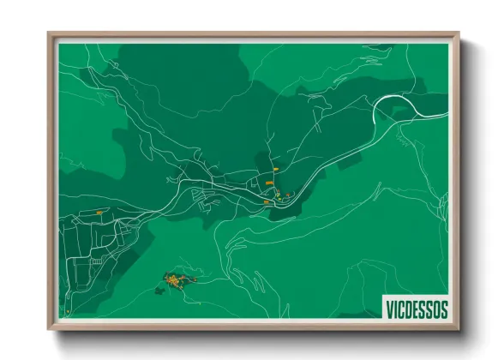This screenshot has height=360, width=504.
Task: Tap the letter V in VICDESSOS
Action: tap(390, 308)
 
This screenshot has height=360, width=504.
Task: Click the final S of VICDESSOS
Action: tap(443, 308)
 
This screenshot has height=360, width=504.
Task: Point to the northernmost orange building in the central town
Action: tap(275, 171)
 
